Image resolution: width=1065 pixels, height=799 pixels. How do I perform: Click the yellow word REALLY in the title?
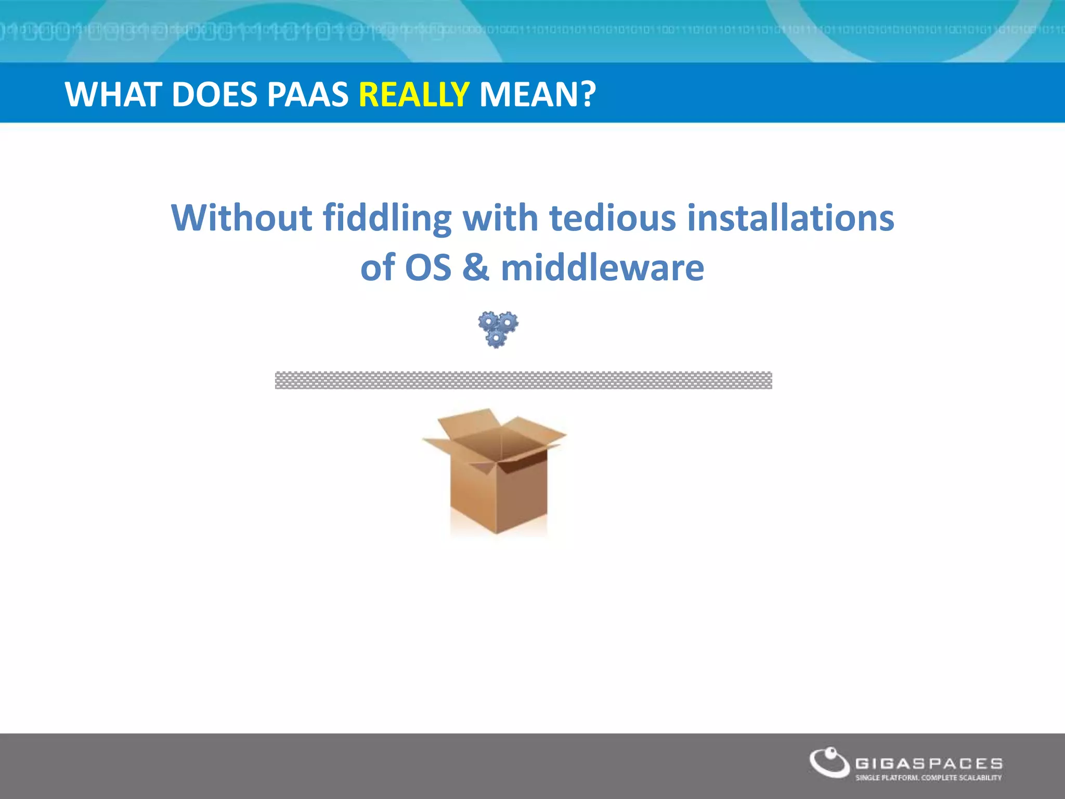(x=414, y=95)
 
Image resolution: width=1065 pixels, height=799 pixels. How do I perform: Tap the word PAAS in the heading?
(x=307, y=95)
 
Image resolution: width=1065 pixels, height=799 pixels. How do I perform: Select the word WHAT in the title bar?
(x=113, y=95)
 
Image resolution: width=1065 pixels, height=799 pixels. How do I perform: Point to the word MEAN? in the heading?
(x=537, y=95)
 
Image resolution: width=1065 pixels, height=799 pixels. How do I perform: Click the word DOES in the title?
(x=214, y=95)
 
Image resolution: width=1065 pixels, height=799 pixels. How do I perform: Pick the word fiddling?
(x=387, y=218)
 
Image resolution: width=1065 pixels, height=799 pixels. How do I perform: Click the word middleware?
(x=602, y=267)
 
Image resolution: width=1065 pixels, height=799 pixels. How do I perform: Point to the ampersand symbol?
(x=476, y=267)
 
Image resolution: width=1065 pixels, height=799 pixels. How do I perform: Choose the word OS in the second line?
(x=428, y=267)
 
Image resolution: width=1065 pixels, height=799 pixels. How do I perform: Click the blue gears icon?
(x=498, y=329)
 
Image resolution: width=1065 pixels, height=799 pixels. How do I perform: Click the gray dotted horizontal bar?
(x=523, y=380)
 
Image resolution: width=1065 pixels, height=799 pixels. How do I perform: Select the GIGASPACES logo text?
(x=929, y=764)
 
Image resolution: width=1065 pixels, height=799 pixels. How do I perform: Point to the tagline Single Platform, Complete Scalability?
(x=928, y=778)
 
